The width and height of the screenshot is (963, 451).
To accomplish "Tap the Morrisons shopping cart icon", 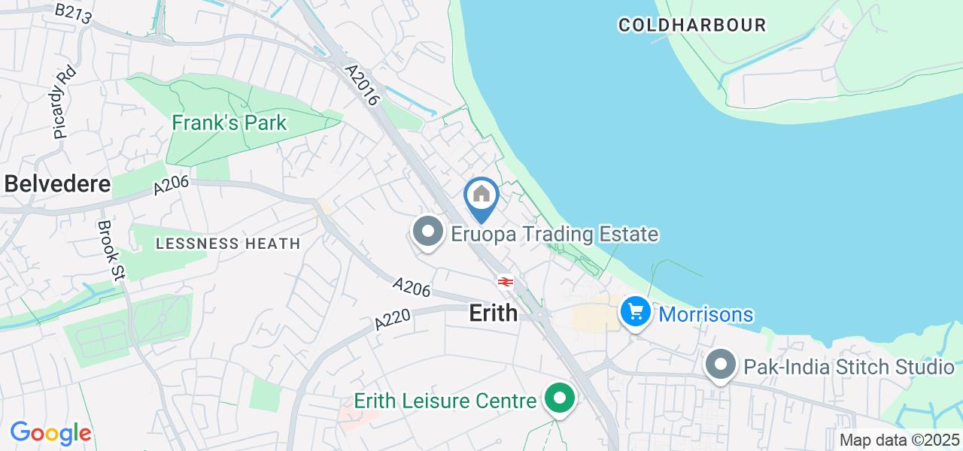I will tap(636, 310).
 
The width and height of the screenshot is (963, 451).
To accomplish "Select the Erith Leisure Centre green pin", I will tap(559, 398).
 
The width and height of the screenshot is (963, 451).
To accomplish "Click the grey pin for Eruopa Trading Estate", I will tap(428, 231).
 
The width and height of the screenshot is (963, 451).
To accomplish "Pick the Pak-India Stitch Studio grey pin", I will tap(721, 365).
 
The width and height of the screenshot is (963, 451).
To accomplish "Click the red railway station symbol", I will tap(505, 282).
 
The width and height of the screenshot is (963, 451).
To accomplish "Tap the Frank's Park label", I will tap(229, 123).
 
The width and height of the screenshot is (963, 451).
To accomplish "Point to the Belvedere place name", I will tap(57, 184).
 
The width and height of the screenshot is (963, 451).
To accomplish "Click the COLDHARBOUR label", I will tap(692, 25).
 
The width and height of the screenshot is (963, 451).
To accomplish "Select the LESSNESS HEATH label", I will tap(227, 244).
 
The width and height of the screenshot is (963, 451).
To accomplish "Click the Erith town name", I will tap(494, 313).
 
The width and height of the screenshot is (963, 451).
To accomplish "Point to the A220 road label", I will tap(393, 319).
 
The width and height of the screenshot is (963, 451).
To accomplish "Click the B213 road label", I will tap(74, 13).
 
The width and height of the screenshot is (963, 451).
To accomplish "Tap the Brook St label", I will tap(111, 250).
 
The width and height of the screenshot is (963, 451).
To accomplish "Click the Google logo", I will tap(50, 433).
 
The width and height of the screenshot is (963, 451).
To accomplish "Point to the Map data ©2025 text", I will tap(900, 440).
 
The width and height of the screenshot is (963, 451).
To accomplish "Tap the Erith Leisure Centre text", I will tap(446, 401).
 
